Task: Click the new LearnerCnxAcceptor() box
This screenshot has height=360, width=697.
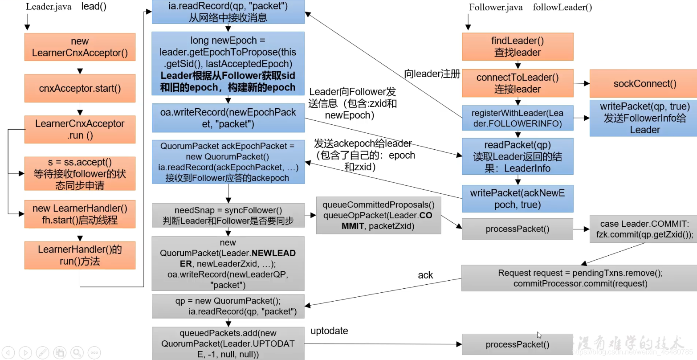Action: point(80,47)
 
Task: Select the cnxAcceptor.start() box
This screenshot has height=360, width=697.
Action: point(80,88)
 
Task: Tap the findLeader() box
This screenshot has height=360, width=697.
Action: point(518,46)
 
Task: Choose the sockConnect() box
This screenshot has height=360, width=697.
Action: point(644,83)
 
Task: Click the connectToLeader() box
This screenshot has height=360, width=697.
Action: point(518,83)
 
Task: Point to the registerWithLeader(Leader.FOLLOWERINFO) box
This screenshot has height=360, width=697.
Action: point(518,118)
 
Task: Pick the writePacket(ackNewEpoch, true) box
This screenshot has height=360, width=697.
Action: point(518,199)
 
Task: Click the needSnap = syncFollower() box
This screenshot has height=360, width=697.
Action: point(228,216)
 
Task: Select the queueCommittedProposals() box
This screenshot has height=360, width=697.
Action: point(379,215)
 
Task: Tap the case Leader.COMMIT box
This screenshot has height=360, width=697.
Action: point(644,229)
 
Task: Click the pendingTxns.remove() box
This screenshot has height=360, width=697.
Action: point(580,278)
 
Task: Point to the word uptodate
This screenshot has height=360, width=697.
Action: point(329,331)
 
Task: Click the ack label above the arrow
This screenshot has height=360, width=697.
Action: point(425,275)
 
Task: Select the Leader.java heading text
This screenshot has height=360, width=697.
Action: point(49,7)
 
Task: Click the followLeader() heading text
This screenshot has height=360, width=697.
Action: point(562,7)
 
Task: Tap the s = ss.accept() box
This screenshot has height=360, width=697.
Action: point(80,173)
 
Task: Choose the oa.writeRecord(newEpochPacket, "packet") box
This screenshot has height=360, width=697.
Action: point(228,118)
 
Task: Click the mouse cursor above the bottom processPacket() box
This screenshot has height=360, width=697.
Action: point(539,335)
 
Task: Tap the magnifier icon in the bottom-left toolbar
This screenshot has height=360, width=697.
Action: point(77,352)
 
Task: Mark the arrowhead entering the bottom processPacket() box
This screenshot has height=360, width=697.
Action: point(459,344)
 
